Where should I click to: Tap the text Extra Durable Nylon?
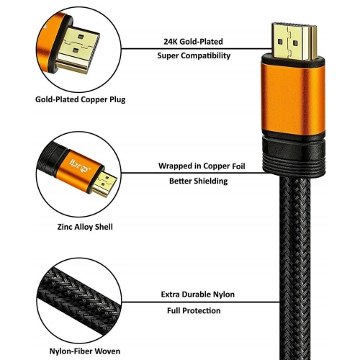(197, 294)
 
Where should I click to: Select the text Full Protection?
(197, 310)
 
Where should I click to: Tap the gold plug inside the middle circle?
(104, 184)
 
